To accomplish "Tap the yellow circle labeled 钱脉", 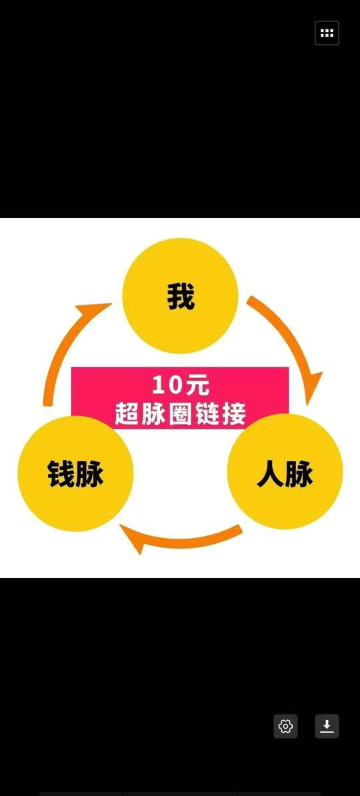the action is point(75,473).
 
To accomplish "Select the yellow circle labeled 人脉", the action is point(285,471).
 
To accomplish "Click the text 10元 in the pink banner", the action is point(180,386).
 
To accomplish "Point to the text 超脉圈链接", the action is point(180,414).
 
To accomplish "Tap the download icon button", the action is point(327,726).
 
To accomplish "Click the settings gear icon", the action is point(286,726).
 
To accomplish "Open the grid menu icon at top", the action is point(327,33).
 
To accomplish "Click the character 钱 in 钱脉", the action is point(61,473).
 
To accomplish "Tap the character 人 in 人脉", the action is point(270,474).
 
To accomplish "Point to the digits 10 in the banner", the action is point(166,386).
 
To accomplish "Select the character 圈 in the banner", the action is point(180,414).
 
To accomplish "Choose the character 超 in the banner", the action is point(127,414).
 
